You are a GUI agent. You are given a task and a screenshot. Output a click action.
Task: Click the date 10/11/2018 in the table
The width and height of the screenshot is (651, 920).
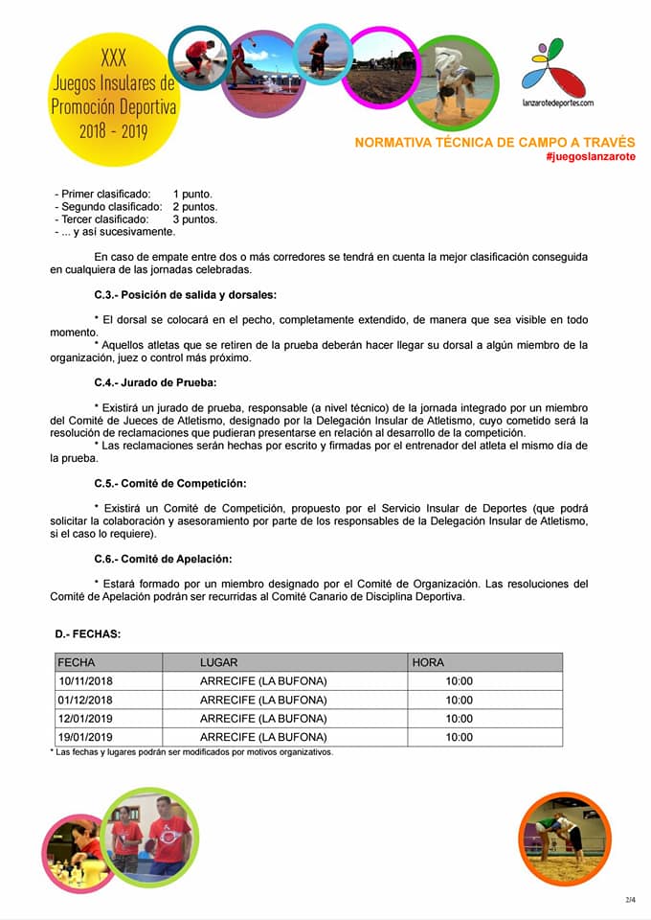point(85,681)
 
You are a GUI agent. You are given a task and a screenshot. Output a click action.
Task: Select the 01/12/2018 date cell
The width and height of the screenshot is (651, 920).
point(85,700)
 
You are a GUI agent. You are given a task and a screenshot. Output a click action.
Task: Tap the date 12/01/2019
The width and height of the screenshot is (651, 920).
point(85,719)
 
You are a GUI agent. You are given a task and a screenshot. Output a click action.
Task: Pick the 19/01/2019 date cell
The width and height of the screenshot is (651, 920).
point(85,737)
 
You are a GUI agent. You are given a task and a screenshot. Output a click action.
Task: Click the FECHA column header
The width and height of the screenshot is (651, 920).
point(77,662)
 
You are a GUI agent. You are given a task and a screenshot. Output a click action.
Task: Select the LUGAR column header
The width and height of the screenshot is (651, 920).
point(218,662)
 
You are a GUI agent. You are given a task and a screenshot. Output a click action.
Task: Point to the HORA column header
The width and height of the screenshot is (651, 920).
point(428,662)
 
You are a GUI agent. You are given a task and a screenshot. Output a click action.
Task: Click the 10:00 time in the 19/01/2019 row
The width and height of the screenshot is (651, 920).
point(459,737)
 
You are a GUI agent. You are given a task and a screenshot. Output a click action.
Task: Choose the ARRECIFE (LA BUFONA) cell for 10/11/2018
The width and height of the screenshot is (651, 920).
point(263,681)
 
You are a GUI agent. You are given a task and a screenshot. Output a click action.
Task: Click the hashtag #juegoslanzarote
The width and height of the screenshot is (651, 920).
point(590,156)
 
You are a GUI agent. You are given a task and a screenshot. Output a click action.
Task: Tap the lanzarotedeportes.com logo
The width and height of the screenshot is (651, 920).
point(558,77)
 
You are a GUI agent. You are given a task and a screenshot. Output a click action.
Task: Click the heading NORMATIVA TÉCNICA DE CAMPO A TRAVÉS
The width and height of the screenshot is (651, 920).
point(495,142)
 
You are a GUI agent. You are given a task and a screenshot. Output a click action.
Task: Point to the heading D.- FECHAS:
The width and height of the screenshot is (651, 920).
point(88,633)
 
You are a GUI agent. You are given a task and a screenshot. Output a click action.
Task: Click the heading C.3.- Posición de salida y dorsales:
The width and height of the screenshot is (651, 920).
point(185,294)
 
